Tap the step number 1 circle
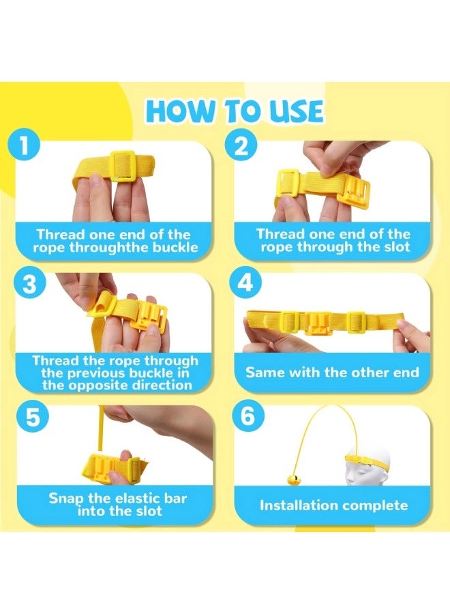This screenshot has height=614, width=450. (24, 146)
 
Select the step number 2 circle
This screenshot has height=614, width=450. (241, 146)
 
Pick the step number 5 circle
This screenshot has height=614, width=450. (33, 416)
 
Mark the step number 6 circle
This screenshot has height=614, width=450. (248, 416)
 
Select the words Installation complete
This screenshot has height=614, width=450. (334, 505)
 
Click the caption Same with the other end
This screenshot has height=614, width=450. (332, 372)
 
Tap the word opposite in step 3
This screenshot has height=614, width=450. (95, 385)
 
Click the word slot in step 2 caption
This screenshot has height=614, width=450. (396, 247)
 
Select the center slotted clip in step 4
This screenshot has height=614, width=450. (318, 323)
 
